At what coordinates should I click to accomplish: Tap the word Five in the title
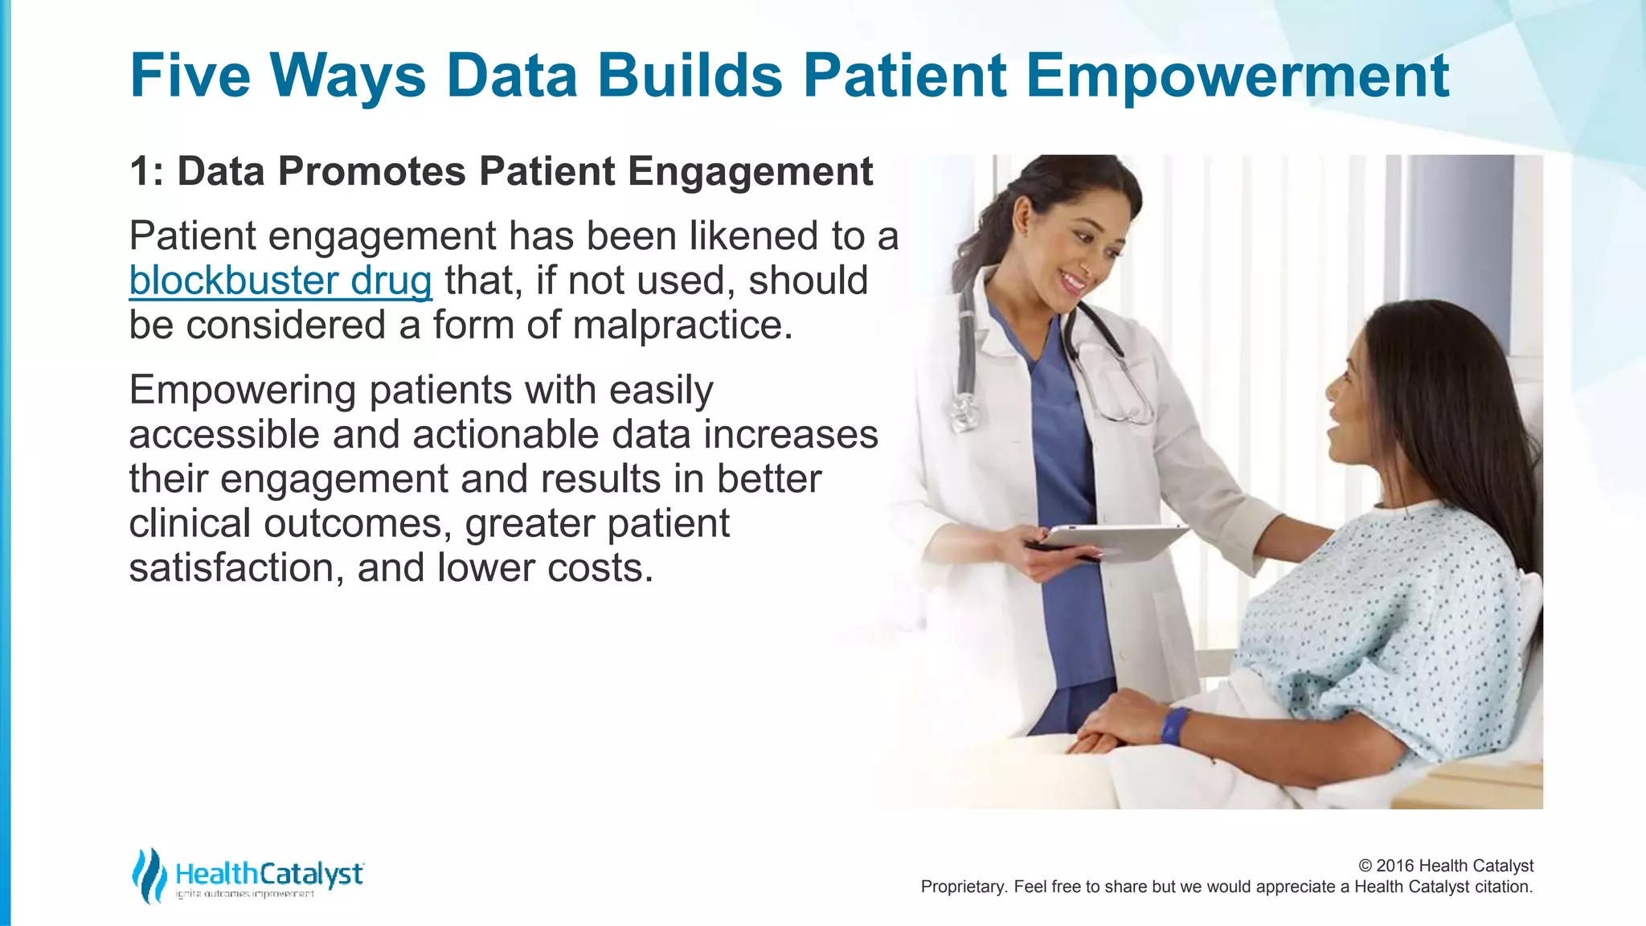pos(190,76)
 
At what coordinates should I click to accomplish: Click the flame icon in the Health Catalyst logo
pos(149,875)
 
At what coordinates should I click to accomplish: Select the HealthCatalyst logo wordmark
pos(268,874)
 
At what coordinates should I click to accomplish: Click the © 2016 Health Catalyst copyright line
pos(1445,866)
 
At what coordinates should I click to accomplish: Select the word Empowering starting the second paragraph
pos(242,391)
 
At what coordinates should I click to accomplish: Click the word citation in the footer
pos(1503,887)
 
